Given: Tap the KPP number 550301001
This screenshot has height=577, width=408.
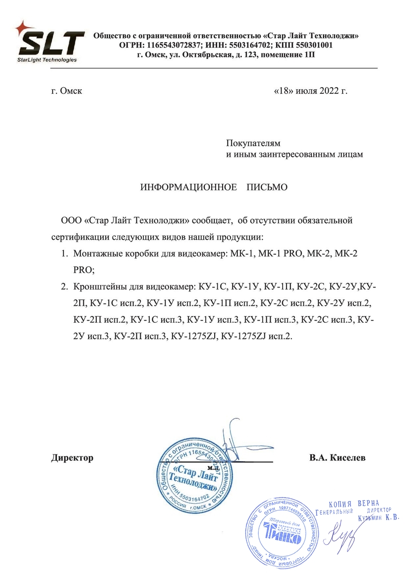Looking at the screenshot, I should [315, 45].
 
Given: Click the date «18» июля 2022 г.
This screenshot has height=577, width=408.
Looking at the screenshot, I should [310, 91].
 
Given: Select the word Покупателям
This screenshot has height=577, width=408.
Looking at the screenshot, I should [253, 144].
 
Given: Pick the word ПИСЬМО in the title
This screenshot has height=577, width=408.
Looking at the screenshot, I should [267, 188].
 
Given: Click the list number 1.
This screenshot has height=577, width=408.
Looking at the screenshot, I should [64, 254].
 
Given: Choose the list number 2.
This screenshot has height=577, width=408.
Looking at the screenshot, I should [64, 287].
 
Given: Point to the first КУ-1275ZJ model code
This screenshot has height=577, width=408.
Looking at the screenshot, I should [194, 336].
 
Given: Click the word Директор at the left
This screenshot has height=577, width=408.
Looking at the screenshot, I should [72, 458].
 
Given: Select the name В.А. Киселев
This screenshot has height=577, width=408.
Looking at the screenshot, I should [337, 458].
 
